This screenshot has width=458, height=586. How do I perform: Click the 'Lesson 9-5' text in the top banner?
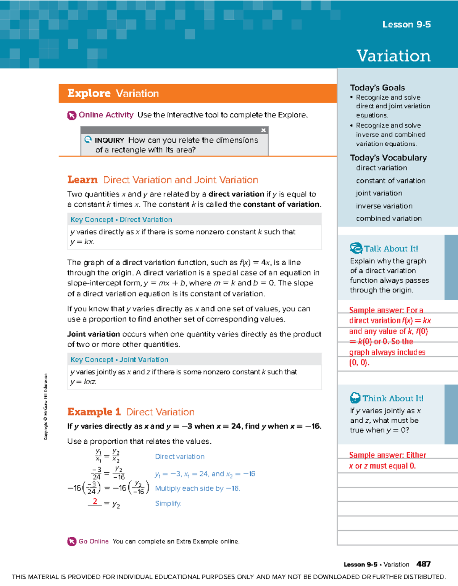[x=406, y=24]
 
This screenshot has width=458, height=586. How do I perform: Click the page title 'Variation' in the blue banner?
[x=393, y=56]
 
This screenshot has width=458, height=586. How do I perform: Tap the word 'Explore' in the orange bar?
[x=89, y=93]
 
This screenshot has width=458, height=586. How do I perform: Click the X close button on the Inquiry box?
[x=263, y=130]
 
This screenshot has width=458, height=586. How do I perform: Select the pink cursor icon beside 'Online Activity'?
[x=72, y=115]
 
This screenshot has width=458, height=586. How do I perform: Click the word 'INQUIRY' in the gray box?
[x=109, y=140]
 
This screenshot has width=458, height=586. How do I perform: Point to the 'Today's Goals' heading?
[x=377, y=87]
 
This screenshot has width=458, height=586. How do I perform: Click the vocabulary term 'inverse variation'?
[x=384, y=206]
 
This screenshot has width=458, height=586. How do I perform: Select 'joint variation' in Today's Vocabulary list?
[x=379, y=193]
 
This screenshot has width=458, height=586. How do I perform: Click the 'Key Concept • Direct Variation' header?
[x=121, y=220]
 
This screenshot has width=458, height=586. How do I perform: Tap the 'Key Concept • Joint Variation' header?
[x=119, y=360]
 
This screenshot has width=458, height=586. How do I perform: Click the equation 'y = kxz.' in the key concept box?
[x=83, y=382]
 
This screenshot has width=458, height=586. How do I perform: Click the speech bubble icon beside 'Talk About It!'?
[x=356, y=248]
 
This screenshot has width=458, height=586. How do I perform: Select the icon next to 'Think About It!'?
[x=355, y=398]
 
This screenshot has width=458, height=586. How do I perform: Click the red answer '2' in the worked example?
[x=95, y=501]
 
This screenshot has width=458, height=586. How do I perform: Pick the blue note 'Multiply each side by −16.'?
[x=197, y=488]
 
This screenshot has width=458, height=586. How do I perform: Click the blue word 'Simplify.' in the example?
[x=168, y=504]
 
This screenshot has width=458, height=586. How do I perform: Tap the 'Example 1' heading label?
[x=94, y=412]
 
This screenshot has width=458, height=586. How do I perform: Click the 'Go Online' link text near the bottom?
[x=94, y=541]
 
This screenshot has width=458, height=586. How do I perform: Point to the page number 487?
[x=423, y=564]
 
